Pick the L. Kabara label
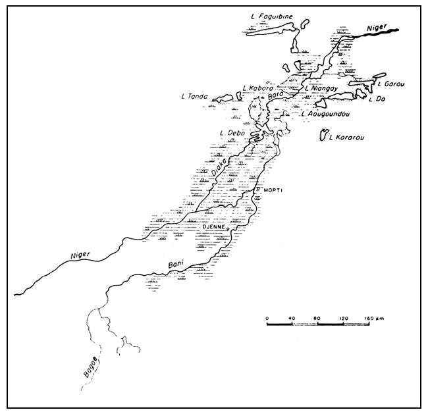tap(257, 88)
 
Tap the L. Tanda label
tap(195, 96)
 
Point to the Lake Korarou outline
tap(323, 136)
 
